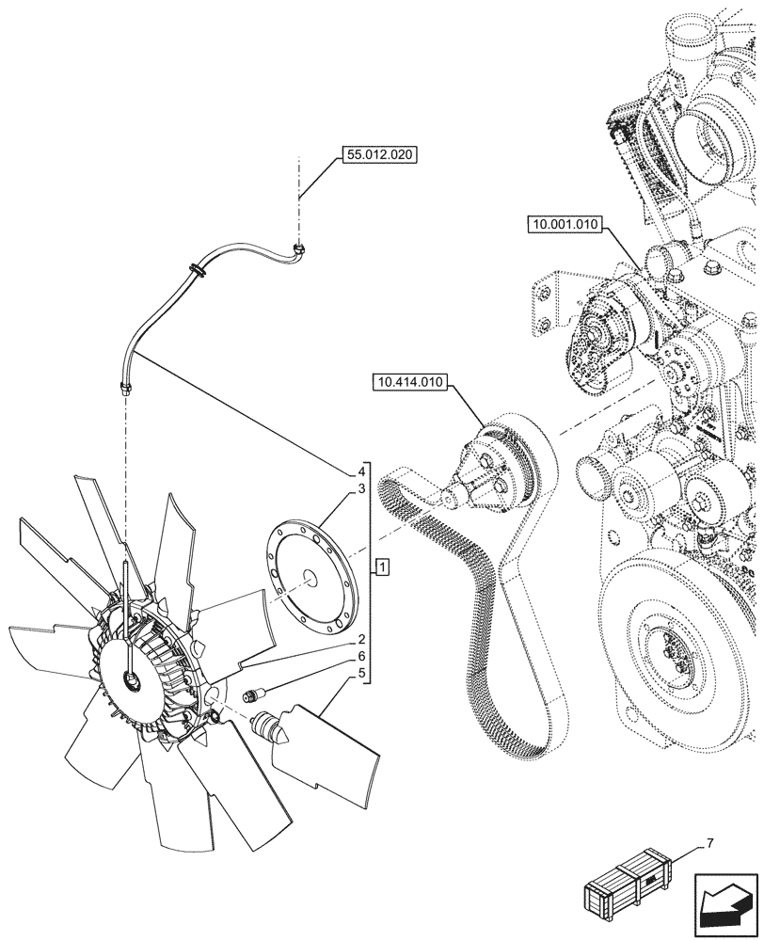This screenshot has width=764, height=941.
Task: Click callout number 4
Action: [360, 470]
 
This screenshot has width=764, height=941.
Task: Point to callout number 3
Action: [360, 489]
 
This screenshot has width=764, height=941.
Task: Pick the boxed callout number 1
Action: [382, 566]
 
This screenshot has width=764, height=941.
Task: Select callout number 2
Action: [360, 640]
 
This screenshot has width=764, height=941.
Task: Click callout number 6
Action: [360, 656]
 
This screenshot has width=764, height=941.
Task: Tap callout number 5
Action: [360, 673]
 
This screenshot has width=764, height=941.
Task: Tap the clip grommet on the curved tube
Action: [199, 270]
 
